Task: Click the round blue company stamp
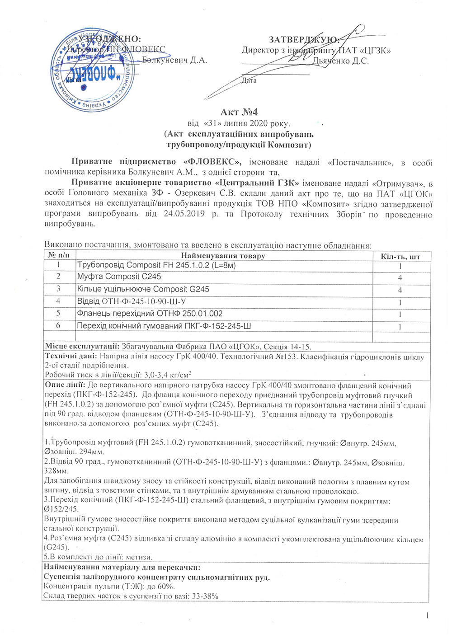coord(92,70)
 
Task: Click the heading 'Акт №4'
coord(239,112)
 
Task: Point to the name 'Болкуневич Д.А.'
coord(174,60)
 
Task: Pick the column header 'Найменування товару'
coord(223,256)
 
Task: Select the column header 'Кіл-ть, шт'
coord(400,256)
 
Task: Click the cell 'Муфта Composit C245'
coord(119,277)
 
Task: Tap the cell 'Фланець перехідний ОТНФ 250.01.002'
coord(150,314)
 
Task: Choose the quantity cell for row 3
coord(400,290)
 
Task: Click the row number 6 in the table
coord(58,326)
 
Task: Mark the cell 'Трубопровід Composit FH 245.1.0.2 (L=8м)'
coord(156,265)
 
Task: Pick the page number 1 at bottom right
coord(427,615)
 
